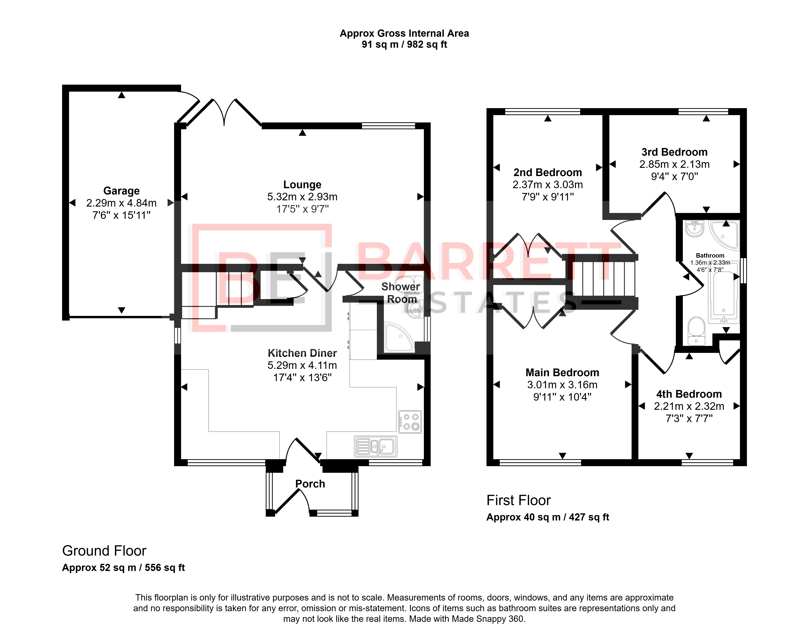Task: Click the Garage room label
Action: coord(121,191)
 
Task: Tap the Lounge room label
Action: coord(302,185)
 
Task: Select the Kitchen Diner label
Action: coord(302,353)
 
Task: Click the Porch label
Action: coord(310,484)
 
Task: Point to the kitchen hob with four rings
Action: coord(410,422)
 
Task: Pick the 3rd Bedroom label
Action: coord(675,152)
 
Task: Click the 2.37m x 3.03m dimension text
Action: coord(547,185)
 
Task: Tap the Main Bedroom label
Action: coord(562,372)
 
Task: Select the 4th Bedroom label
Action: coord(689,394)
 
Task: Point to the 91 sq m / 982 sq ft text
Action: coord(404,44)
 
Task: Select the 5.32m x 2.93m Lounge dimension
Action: coord(302,197)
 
